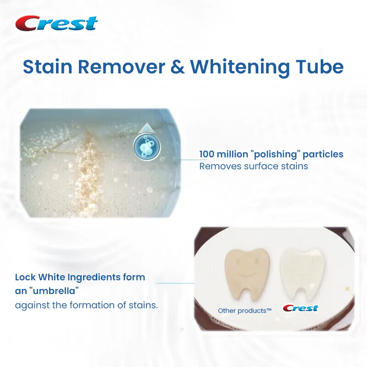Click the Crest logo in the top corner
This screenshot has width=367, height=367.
(x=56, y=23)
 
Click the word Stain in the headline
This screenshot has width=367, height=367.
(x=48, y=67)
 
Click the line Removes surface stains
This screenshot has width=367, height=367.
(x=253, y=166)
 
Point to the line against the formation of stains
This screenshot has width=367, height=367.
(x=86, y=305)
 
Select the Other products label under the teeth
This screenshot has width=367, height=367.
(x=245, y=311)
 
